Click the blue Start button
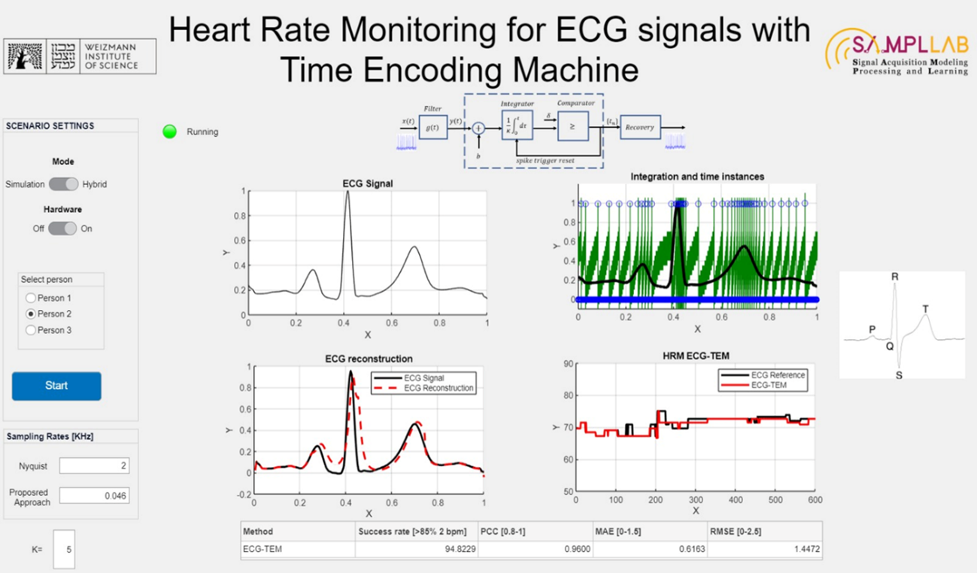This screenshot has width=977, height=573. (x=56, y=386)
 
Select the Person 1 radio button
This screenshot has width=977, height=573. (x=31, y=298)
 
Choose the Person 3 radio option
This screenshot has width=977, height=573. (x=31, y=330)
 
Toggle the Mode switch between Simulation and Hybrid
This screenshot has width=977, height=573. (x=63, y=184)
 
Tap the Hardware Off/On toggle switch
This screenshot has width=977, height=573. (x=62, y=229)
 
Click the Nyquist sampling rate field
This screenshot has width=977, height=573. (x=94, y=466)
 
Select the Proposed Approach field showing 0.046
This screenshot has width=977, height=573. (x=94, y=496)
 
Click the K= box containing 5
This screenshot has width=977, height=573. (x=64, y=550)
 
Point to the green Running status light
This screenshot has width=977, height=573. (x=170, y=132)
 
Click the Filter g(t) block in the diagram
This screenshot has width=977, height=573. (x=433, y=128)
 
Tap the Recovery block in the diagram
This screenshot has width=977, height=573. (x=640, y=128)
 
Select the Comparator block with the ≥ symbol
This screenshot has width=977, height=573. (x=572, y=126)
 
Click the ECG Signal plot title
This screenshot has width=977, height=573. (x=368, y=183)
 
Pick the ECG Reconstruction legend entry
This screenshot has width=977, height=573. (x=438, y=388)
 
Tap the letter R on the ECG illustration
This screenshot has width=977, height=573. (x=894, y=277)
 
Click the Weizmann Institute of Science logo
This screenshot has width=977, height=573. (x=81, y=56)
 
